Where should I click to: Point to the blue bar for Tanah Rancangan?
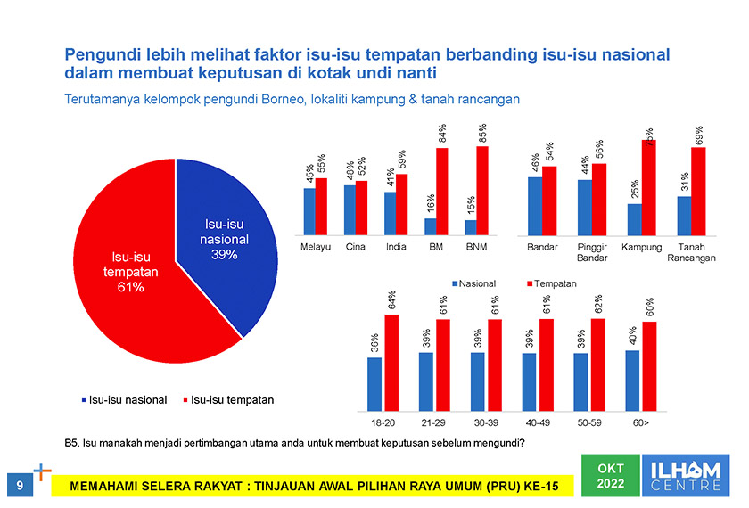click(684, 215)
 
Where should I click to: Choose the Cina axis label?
click(356, 247)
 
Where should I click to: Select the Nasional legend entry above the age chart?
click(477, 283)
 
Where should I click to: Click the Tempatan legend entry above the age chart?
click(551, 283)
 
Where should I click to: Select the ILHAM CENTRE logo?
click(689, 475)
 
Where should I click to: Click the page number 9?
click(20, 484)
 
